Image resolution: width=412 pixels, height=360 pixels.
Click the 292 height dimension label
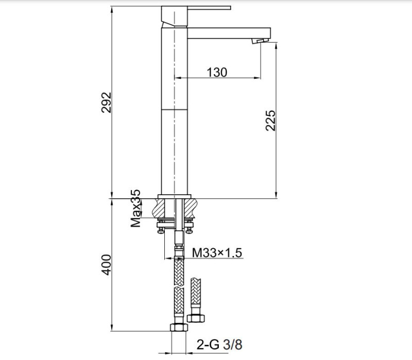106,102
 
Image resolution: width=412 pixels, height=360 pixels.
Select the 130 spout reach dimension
217,72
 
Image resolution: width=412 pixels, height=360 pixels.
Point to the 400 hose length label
106,264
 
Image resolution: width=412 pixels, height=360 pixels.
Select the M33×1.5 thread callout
217,253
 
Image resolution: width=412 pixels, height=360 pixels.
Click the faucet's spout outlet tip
261,40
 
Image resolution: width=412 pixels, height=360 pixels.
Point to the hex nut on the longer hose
177,328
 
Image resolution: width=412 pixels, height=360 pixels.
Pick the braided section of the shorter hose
195,294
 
